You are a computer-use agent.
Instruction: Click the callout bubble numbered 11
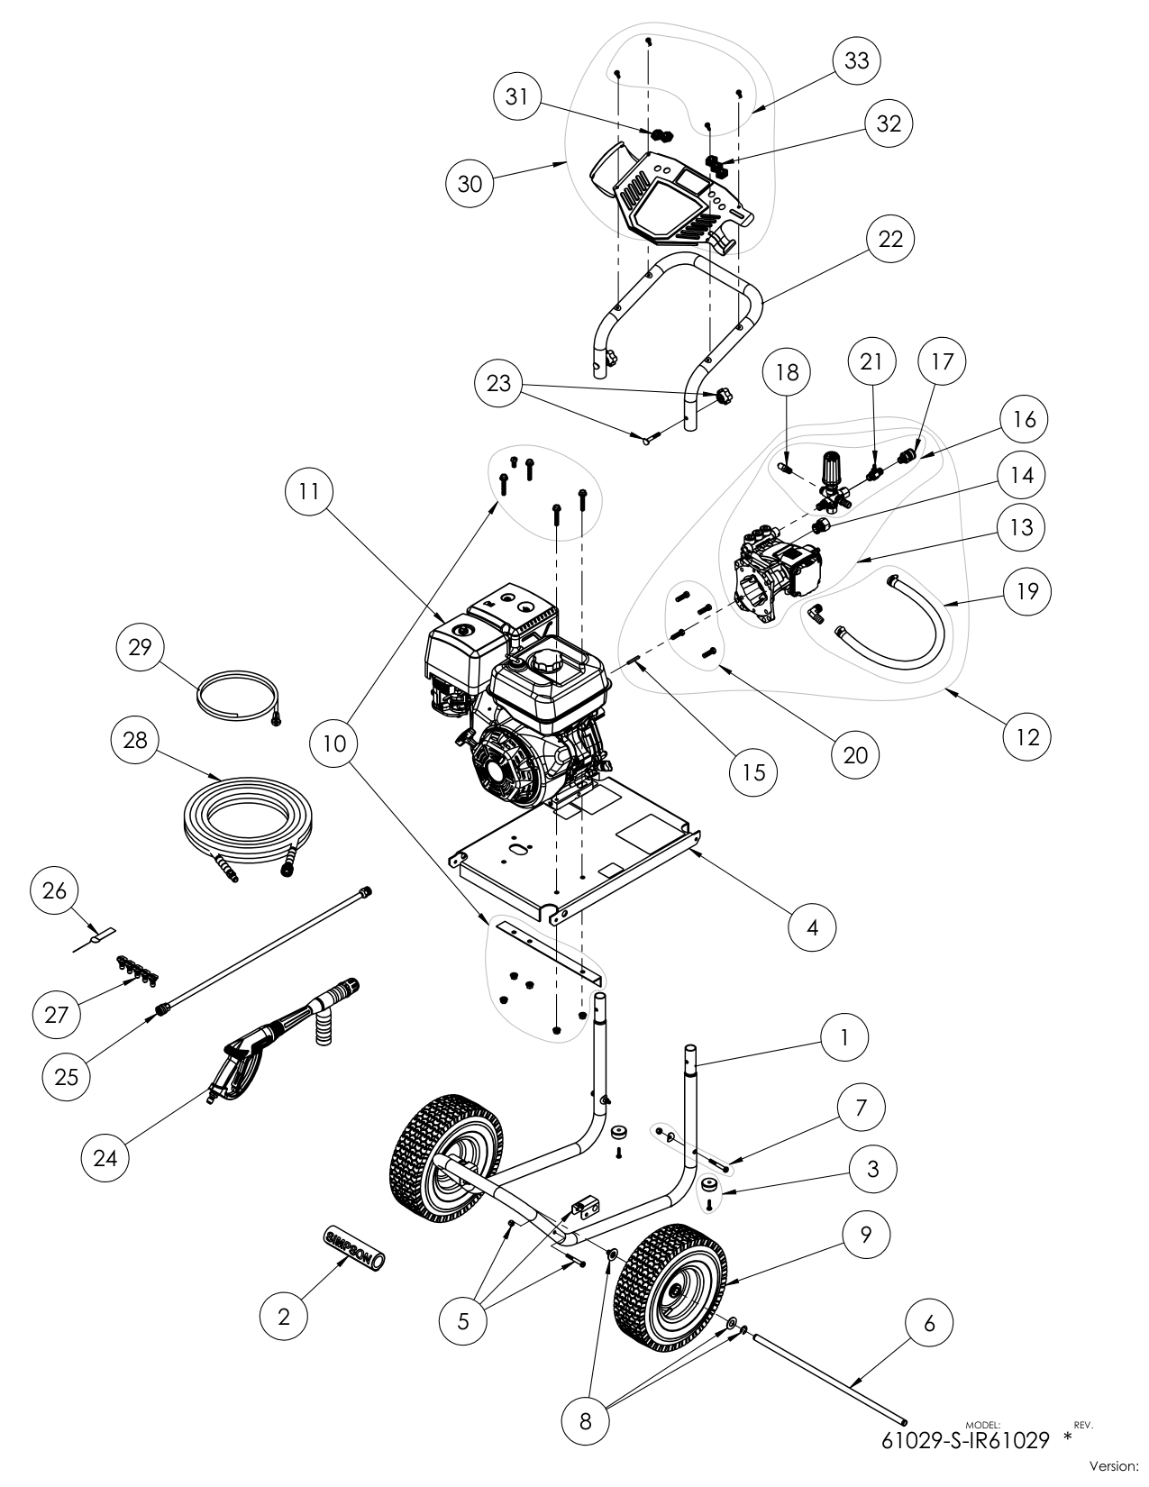[307, 492]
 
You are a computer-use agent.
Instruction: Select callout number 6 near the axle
[930, 1323]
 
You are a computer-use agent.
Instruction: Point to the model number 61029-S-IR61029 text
[966, 1440]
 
